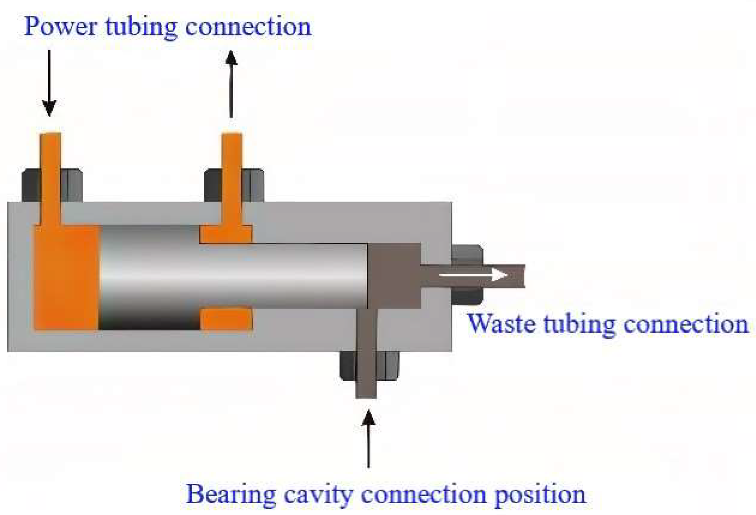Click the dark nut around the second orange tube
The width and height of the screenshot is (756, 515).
coord(253,185)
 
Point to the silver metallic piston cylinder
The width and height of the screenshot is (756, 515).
coord(230,275)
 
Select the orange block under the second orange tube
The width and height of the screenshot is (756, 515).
coord(226,234)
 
